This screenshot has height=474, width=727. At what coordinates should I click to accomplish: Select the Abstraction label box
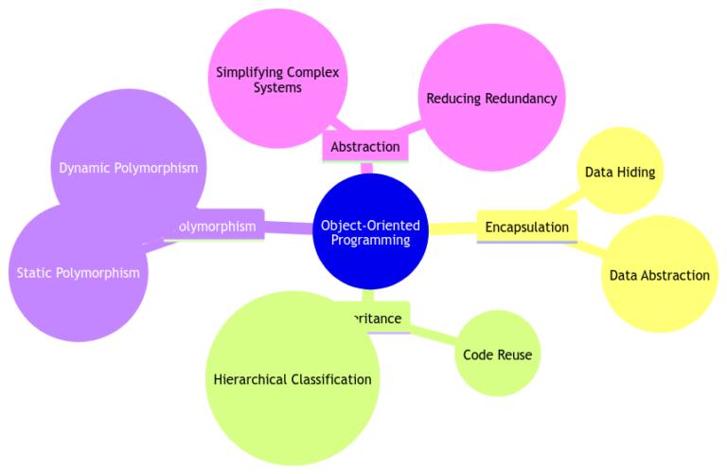pyautogui.click(x=365, y=147)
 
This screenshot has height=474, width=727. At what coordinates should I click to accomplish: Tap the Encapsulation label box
pyautogui.click(x=526, y=227)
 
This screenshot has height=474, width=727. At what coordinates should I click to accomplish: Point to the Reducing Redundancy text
pyautogui.click(x=491, y=98)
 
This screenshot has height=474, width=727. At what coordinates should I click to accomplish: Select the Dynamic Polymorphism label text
pyautogui.click(x=128, y=168)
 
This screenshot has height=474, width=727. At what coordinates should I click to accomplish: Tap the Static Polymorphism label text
pyautogui.click(x=78, y=273)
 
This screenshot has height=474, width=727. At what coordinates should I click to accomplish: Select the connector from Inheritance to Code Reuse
pyautogui.click(x=434, y=334)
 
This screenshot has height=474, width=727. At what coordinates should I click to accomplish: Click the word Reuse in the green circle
pyautogui.click(x=516, y=355)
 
